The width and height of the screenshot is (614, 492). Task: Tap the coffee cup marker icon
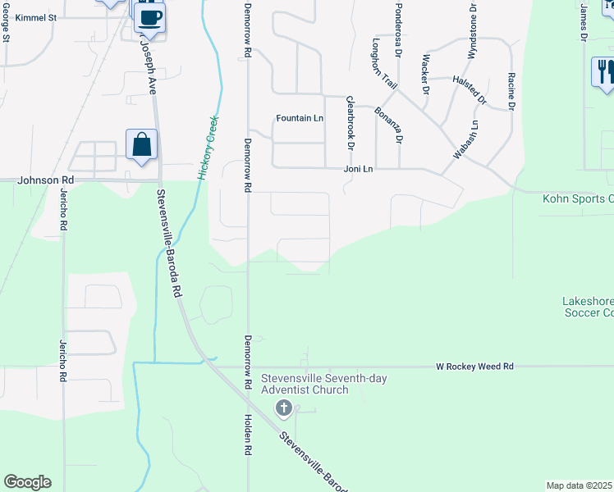(x=149, y=16)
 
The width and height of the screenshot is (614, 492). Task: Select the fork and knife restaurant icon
(x=604, y=71)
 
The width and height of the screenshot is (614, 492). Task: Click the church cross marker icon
(x=284, y=408)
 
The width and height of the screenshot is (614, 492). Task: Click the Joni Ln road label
(x=358, y=169)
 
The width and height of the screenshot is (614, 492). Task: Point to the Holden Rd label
(x=247, y=434)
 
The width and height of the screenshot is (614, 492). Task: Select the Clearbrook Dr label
(x=350, y=123)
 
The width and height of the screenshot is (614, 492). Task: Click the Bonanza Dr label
(x=387, y=125)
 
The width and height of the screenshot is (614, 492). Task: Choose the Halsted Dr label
(x=470, y=90)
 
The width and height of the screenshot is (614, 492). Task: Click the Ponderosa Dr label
(x=397, y=38)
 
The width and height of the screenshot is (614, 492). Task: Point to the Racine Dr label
(x=511, y=91)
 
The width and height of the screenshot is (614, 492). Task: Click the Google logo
(x=27, y=482)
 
